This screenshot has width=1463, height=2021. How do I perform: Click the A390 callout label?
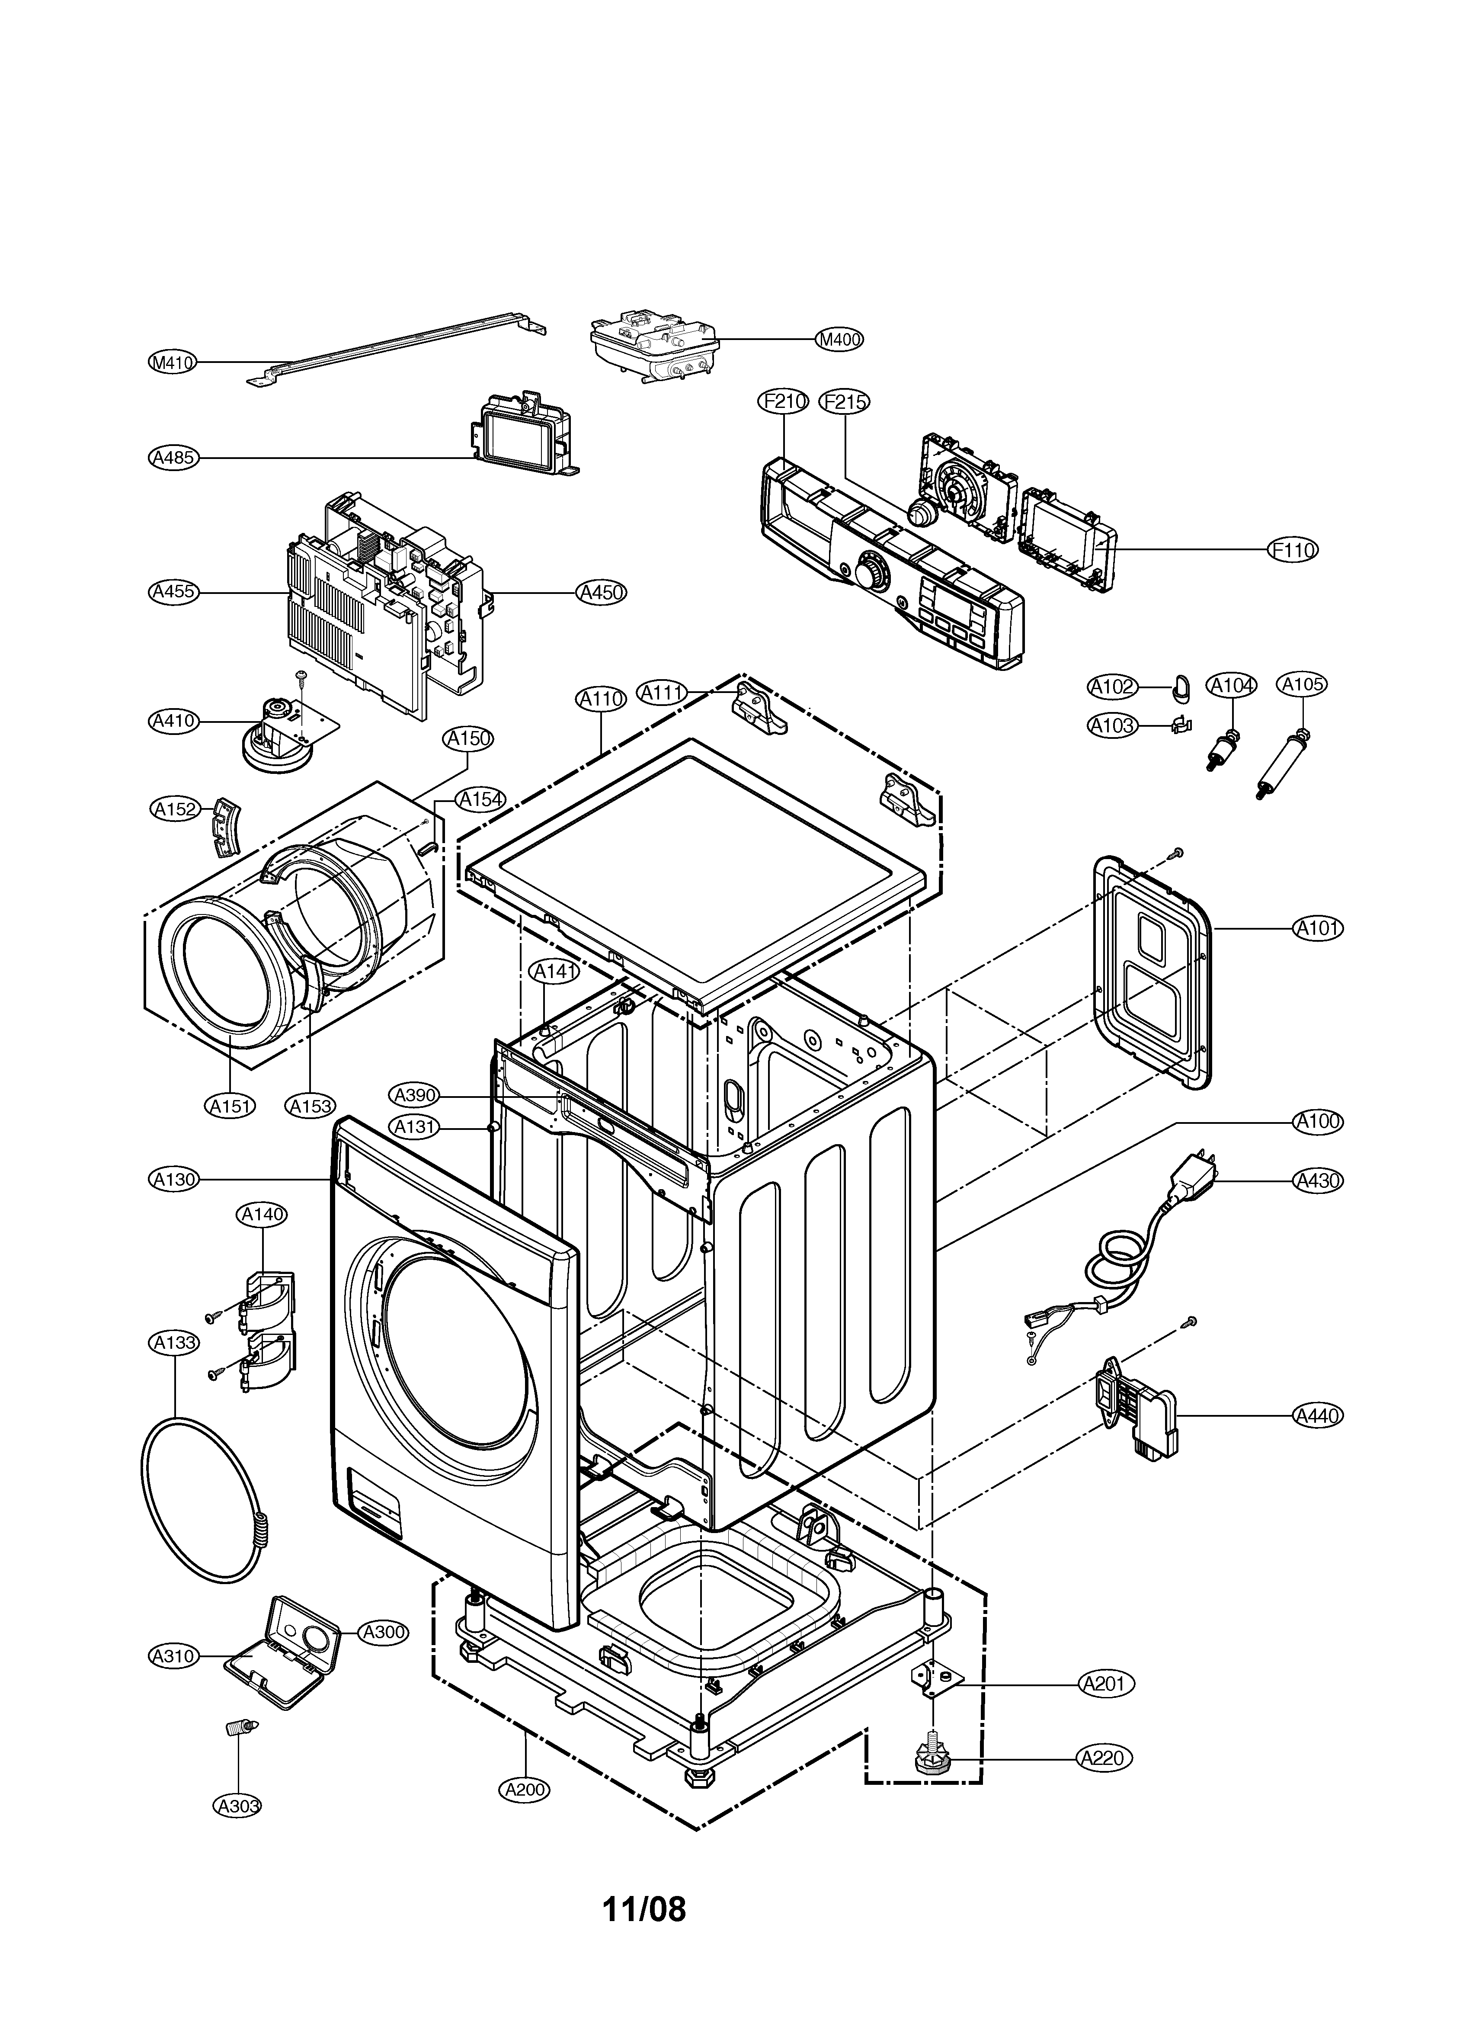[x=414, y=1094]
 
